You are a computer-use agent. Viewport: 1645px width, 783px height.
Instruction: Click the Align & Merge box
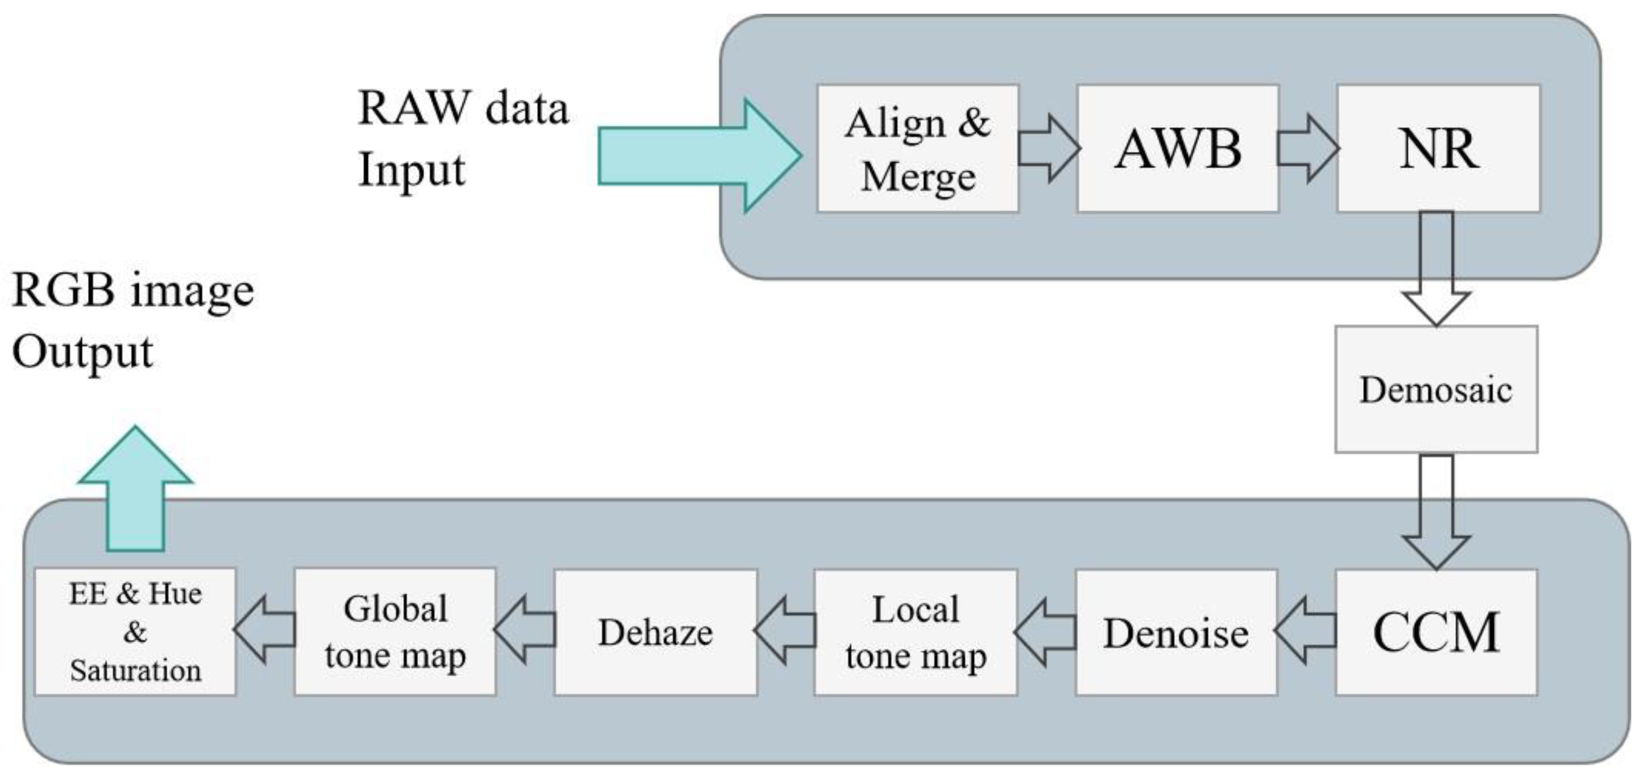pos(918,148)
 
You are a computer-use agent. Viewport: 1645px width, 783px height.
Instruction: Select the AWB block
pos(1178,148)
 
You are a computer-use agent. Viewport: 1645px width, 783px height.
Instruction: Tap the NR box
pos(1438,148)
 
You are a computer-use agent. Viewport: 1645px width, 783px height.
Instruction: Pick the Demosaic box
pos(1436,390)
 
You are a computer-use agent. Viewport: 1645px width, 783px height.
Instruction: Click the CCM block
pos(1436,632)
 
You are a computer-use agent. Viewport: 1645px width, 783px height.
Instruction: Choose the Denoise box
pos(1176,632)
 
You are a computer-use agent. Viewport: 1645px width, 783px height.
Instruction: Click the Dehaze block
pos(655,632)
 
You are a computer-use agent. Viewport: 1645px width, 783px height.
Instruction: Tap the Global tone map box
pos(395,632)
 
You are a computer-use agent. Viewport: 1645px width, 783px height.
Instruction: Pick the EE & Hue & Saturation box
pos(135,632)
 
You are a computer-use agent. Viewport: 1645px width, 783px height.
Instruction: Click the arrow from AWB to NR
pos(1307,149)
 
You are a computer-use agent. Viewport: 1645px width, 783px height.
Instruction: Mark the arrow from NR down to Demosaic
pos(1436,268)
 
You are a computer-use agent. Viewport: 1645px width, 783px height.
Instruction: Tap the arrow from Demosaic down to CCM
pos(1436,511)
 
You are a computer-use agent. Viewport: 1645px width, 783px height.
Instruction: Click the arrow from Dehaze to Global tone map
pos(525,631)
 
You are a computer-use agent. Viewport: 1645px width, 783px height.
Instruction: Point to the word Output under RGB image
pos(82,353)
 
